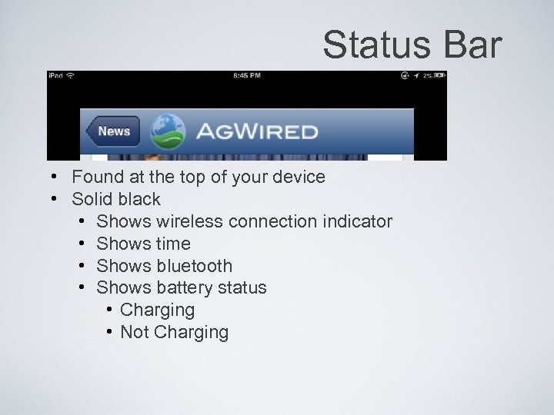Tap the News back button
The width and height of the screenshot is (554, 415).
tap(112, 131)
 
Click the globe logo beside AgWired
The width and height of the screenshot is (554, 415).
tap(168, 131)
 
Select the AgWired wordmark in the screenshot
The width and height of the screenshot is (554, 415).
tap(256, 131)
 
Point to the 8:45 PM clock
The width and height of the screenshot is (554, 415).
tap(246, 76)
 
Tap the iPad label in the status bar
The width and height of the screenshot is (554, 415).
tap(56, 76)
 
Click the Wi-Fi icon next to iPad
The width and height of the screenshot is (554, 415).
tap(71, 76)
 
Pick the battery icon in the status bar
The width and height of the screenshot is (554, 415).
tap(440, 76)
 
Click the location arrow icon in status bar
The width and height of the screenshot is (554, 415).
tap(416, 76)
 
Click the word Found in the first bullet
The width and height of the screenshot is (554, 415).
tap(96, 177)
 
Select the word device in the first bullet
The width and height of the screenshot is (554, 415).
tap(299, 177)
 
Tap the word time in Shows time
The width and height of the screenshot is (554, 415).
tap(173, 244)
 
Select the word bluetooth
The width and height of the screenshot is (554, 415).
tap(194, 266)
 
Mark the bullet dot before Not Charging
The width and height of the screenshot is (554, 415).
tap(112, 332)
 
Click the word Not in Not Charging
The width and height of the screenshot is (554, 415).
tap(135, 332)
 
